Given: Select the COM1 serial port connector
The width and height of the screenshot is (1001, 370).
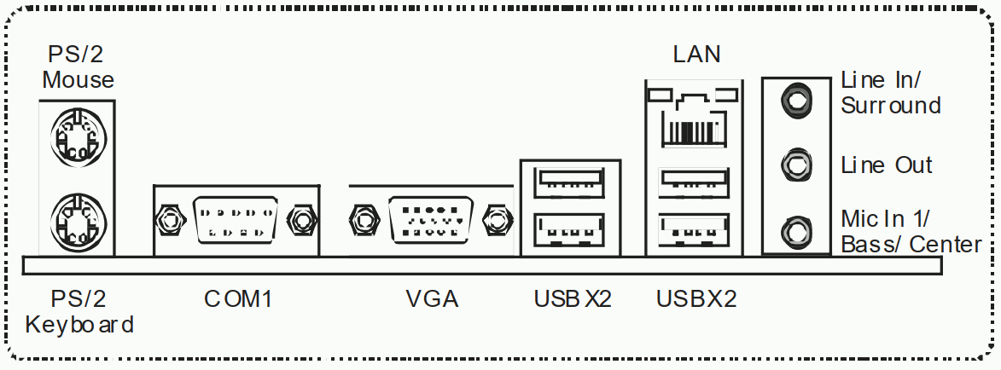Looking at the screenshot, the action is [x=235, y=220].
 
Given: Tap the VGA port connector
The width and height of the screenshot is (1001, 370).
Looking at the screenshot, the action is [x=432, y=220].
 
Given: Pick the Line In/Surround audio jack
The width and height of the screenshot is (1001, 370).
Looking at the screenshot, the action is [x=796, y=100].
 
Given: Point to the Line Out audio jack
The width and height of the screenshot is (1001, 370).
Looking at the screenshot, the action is [x=796, y=165].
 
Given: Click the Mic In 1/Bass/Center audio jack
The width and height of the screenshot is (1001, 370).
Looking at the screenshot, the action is [x=796, y=231].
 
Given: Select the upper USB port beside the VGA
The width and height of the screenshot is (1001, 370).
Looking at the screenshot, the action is [x=571, y=182].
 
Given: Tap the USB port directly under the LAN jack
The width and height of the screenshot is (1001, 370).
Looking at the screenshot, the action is [x=694, y=182].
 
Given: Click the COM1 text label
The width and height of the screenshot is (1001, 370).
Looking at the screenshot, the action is [x=238, y=298].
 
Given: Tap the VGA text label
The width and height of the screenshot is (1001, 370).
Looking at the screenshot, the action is [x=432, y=298].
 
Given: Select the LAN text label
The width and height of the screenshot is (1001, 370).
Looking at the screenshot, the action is [x=696, y=55].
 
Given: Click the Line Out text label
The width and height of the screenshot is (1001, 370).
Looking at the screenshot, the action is [x=887, y=165].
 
